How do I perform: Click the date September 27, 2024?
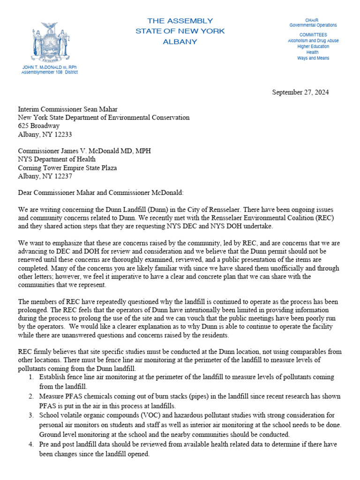click(x=300, y=92)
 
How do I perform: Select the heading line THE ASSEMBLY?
click(x=180, y=21)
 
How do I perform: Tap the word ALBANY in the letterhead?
click(x=180, y=42)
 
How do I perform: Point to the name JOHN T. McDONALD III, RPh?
click(x=50, y=67)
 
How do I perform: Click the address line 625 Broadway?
click(x=39, y=126)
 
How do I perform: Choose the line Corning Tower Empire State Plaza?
click(x=67, y=168)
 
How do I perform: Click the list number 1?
click(x=30, y=377)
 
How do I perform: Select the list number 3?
click(x=30, y=415)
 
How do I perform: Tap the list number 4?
click(x=30, y=444)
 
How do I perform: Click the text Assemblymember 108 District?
click(x=50, y=72)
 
